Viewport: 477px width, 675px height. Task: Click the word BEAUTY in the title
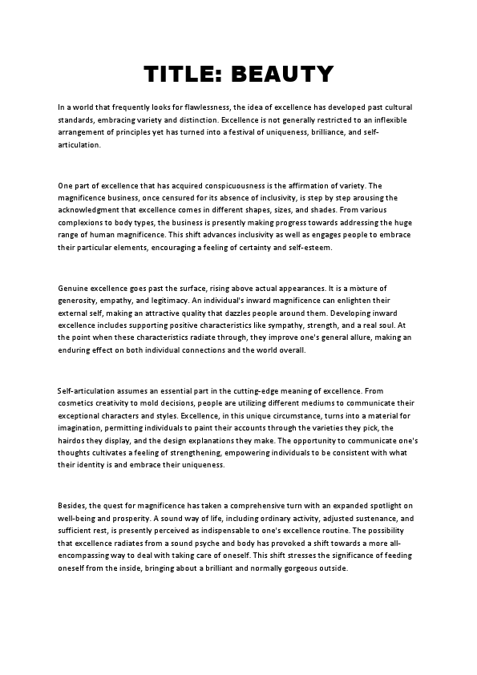(x=281, y=75)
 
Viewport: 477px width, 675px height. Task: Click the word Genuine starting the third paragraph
(x=75, y=288)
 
